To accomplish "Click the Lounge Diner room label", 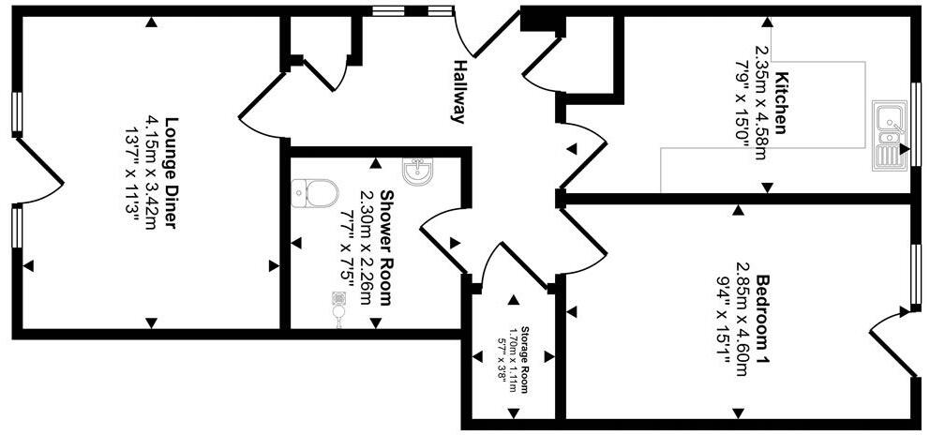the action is [x=172, y=172].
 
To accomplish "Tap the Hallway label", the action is [x=459, y=92].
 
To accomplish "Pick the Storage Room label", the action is [x=527, y=360].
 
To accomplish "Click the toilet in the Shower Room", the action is [x=315, y=193].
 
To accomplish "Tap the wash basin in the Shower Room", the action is [x=417, y=171].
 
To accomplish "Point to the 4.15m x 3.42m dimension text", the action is [x=153, y=172].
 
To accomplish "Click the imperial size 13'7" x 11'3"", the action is [x=132, y=172].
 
